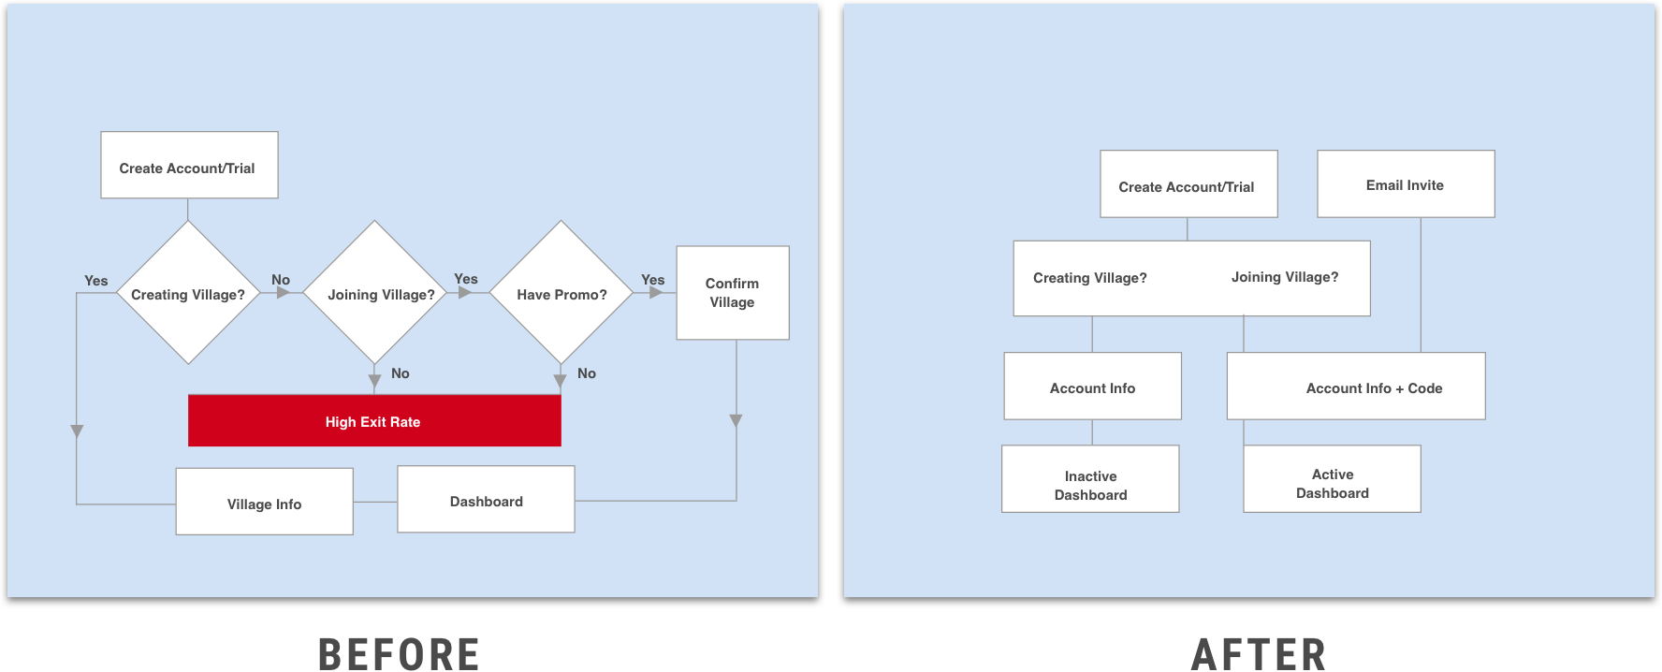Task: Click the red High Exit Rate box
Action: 374,421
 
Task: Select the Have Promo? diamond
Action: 561,293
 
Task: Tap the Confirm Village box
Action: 732,293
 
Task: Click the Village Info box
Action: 264,503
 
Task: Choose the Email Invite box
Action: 1405,184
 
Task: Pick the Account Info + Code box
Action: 1356,387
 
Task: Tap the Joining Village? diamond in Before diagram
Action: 375,293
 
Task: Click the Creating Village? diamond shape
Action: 188,293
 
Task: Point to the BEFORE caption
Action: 399,653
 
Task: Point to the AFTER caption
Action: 1259,653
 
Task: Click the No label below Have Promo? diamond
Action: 587,373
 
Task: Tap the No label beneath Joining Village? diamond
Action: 401,373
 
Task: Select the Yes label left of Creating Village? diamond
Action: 95,281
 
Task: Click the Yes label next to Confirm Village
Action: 652,280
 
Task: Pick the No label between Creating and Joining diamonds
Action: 281,280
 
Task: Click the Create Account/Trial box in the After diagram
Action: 1188,184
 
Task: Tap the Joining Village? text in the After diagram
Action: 1284,277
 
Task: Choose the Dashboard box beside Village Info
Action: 486,500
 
